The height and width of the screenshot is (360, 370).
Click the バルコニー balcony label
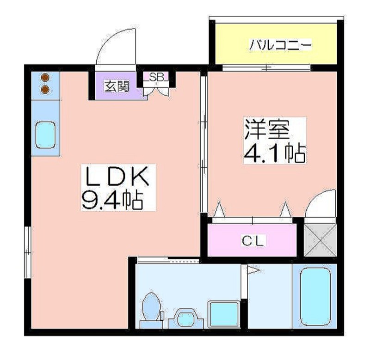[281, 45]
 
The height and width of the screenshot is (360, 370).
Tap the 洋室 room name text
[267, 129]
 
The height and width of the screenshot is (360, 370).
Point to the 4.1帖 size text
[275, 153]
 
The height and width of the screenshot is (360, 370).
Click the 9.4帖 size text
[112, 200]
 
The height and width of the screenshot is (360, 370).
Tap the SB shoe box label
[156, 77]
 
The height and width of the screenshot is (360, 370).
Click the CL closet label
[253, 241]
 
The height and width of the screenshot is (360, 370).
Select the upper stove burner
[45, 77]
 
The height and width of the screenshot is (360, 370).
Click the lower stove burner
[45, 89]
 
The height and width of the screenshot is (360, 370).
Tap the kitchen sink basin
[45, 135]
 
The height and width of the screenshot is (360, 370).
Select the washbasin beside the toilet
[186, 318]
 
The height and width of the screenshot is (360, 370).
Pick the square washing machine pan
[224, 315]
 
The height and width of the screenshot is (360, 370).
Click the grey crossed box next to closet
[320, 240]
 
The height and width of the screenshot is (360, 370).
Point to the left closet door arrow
[220, 209]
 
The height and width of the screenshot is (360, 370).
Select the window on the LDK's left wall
[28, 252]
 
